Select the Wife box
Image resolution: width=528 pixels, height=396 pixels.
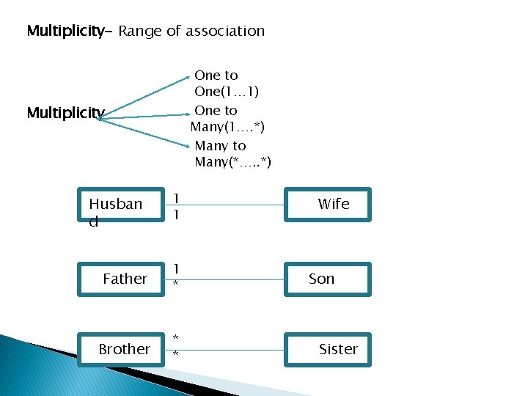(x=327, y=205)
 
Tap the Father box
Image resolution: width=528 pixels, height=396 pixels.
(x=120, y=279)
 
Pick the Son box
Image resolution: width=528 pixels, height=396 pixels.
(x=327, y=279)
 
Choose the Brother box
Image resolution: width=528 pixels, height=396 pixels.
(x=120, y=349)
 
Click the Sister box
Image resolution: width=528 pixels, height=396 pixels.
(x=327, y=349)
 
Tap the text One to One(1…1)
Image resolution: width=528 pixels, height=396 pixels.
(x=226, y=84)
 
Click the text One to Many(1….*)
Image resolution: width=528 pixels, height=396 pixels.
(x=227, y=118)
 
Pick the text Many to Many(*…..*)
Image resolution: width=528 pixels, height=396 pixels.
(x=232, y=154)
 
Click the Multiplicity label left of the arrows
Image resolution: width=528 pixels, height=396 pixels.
(x=65, y=113)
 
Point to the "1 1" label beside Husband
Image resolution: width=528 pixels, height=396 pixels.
(x=176, y=205)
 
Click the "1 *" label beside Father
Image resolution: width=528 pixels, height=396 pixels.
(x=176, y=276)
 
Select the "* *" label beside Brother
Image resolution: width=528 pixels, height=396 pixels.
(x=176, y=345)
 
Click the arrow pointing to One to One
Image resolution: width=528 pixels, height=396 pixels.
(x=147, y=96)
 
